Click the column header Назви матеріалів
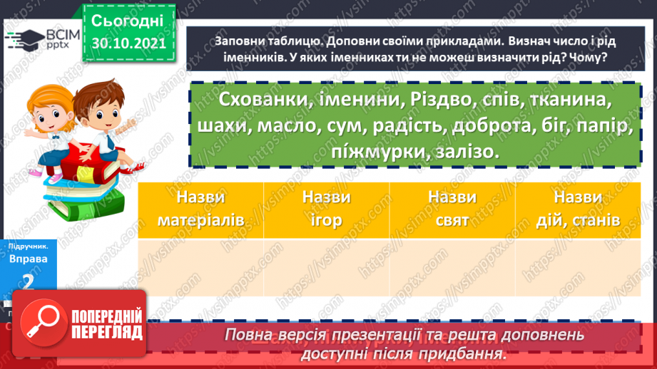(200, 209)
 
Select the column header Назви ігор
(326, 209)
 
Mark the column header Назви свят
(452, 209)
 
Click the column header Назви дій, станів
(578, 209)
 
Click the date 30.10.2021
(128, 43)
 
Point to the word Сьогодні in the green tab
(128, 19)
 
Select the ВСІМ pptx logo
(41, 38)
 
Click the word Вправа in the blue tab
(29, 259)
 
